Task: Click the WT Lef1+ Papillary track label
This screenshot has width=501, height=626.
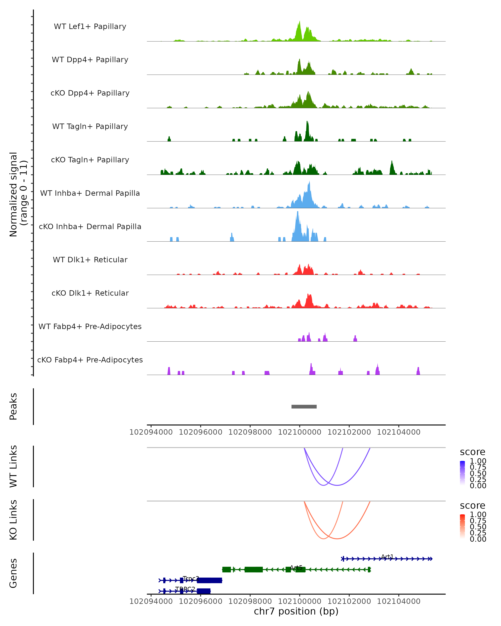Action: (x=90, y=27)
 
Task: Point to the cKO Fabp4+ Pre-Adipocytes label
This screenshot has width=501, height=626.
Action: (x=90, y=360)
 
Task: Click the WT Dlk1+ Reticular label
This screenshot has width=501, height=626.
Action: (x=90, y=260)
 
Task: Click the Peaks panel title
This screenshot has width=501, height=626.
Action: (x=13, y=406)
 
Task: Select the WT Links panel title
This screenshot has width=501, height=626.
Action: (x=13, y=466)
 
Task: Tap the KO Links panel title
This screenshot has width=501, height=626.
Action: (x=13, y=520)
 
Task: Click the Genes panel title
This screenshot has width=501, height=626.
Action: (x=13, y=573)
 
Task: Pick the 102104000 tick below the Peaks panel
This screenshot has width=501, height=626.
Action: (x=399, y=432)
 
